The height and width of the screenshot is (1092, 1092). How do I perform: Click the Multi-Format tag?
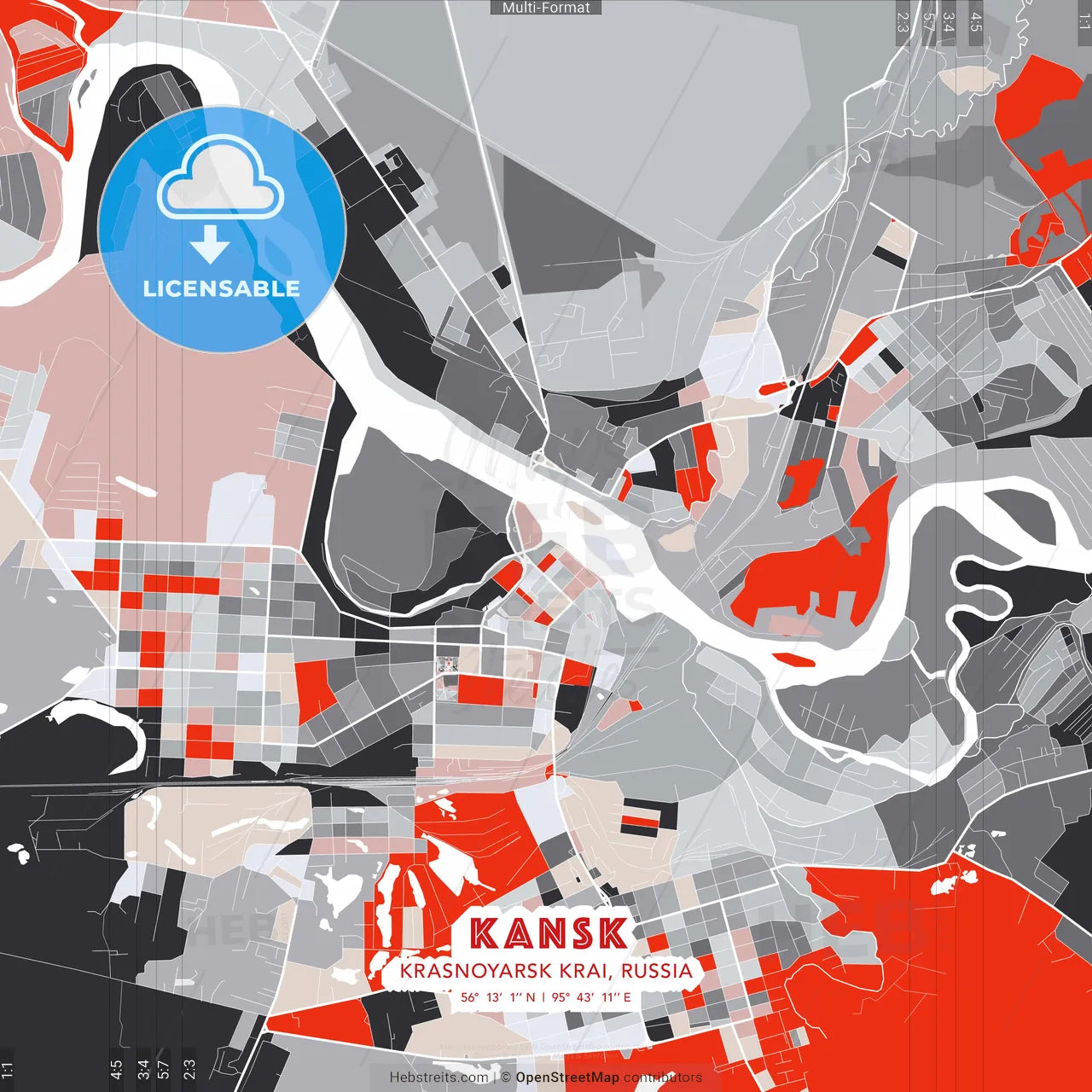tap(546, 8)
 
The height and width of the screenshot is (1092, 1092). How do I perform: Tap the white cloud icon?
tap(221, 177)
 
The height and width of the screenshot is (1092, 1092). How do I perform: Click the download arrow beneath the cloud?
tap(210, 245)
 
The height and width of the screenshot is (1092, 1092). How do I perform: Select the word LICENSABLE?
tap(222, 288)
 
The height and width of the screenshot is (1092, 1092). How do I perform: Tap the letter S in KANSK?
tap(581, 933)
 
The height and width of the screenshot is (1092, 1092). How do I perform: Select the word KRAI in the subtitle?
tap(584, 971)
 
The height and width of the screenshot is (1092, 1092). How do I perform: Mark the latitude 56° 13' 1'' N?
tap(498, 996)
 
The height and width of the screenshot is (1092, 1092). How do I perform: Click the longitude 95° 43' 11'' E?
tap(591, 996)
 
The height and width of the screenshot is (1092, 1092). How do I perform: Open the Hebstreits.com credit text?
tap(439, 1077)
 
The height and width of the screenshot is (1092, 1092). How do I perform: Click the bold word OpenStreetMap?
tap(567, 1077)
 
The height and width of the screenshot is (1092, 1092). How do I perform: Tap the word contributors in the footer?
tap(663, 1077)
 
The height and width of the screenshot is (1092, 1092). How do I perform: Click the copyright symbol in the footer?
tap(506, 1077)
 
